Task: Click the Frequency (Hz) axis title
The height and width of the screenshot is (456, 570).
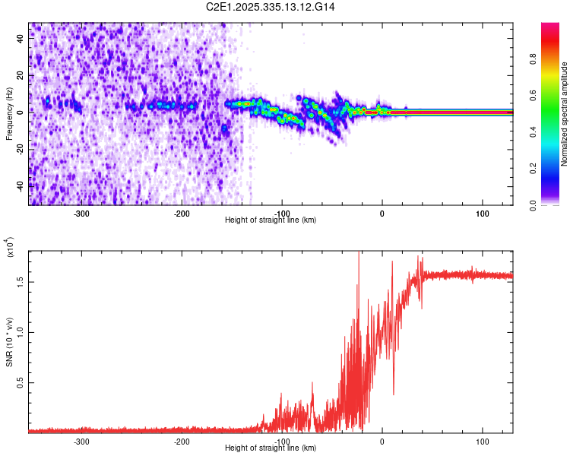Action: [x=9, y=114]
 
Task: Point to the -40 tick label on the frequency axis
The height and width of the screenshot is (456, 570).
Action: [x=20, y=185]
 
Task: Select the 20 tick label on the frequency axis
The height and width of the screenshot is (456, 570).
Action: [x=20, y=74]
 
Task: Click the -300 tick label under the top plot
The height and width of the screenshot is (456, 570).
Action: [x=81, y=214]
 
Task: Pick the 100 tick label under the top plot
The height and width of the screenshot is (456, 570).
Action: [x=482, y=214]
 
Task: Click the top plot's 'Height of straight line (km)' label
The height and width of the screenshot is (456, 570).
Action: [x=271, y=220]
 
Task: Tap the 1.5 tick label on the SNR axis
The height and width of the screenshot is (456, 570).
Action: [x=20, y=281]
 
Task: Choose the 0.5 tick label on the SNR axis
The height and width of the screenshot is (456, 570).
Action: [x=20, y=382]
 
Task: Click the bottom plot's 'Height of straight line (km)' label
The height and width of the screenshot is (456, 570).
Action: [x=271, y=448]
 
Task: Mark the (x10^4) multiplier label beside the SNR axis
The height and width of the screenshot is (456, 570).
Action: [x=10, y=247]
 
